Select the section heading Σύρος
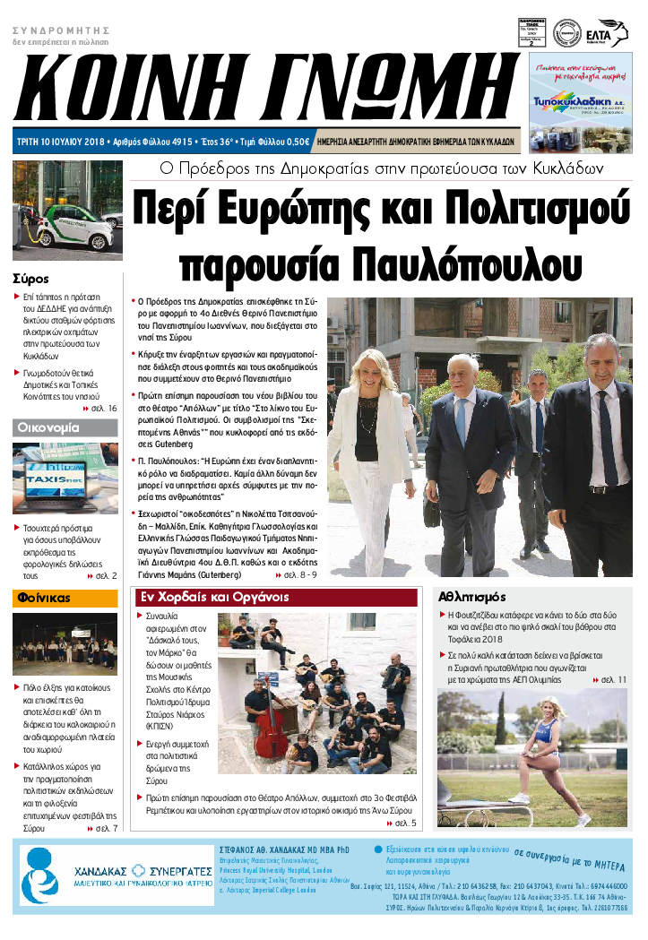point(31,278)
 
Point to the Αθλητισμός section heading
point(472,597)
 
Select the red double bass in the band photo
point(269,735)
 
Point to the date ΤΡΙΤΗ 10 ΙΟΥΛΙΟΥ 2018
point(59,142)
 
